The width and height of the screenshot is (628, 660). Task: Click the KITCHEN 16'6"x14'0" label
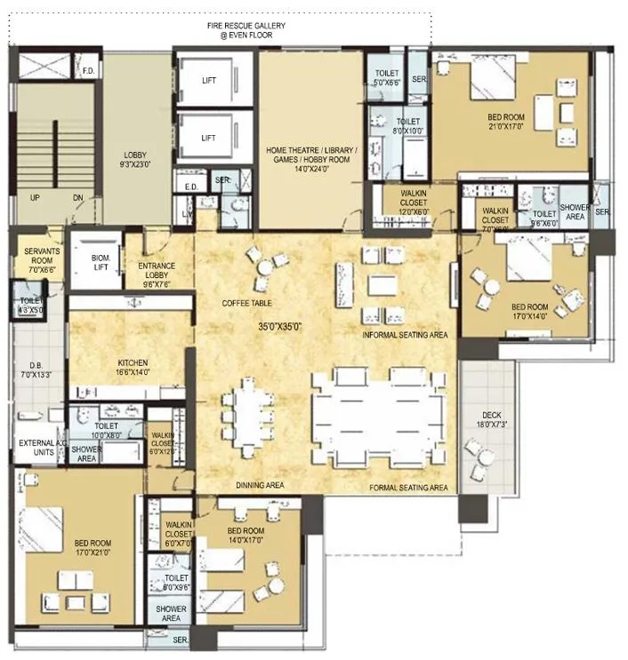[x=132, y=368]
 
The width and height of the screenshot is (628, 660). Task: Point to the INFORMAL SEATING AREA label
[x=404, y=334]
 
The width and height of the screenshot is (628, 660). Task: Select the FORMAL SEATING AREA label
[x=407, y=488]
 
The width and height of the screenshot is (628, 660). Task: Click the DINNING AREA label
[x=260, y=485]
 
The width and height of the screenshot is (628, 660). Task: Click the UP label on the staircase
[x=34, y=197]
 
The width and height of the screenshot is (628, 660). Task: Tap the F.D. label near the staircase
[x=88, y=69]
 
